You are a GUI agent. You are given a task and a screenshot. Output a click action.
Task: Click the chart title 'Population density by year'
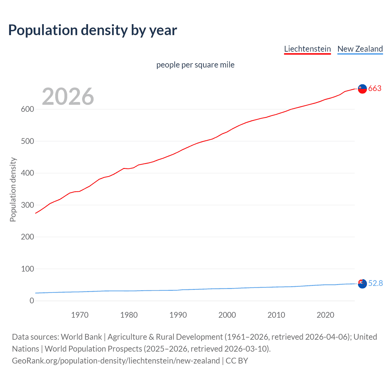pyautogui.click(x=93, y=30)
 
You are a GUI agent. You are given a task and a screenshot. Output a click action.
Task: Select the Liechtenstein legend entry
pyautogui.click(x=307, y=49)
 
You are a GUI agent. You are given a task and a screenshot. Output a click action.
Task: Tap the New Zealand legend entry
pyautogui.click(x=360, y=49)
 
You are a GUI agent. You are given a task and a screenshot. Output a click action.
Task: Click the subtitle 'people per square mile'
pyautogui.click(x=195, y=65)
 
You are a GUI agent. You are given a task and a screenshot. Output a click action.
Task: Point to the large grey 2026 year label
pyautogui.click(x=68, y=97)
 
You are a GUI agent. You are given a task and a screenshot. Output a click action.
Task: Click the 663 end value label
pyautogui.click(x=375, y=88)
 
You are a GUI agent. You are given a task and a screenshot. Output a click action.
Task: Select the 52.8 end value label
pyautogui.click(x=375, y=283)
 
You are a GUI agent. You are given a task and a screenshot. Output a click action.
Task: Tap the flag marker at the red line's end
pyautogui.click(x=362, y=89)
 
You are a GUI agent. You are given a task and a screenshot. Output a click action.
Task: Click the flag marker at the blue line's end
pyautogui.click(x=362, y=284)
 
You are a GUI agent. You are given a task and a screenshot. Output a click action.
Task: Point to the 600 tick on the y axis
pyautogui.click(x=27, y=109)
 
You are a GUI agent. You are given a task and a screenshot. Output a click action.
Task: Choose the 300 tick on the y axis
pyautogui.click(x=27, y=205)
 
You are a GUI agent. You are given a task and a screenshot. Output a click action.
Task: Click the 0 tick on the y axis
pyautogui.click(x=32, y=301)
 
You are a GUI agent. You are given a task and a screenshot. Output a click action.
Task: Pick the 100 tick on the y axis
pyautogui.click(x=27, y=269)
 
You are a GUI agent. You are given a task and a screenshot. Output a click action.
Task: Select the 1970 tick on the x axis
pyautogui.click(x=80, y=315)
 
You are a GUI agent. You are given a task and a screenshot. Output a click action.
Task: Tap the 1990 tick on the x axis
pyautogui.click(x=178, y=315)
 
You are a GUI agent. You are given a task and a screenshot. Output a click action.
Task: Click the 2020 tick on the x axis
pyautogui.click(x=325, y=315)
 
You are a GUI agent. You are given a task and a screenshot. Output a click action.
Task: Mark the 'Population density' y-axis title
pyautogui.click(x=13, y=189)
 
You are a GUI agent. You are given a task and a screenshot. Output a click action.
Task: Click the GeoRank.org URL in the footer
pyautogui.click(x=116, y=361)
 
